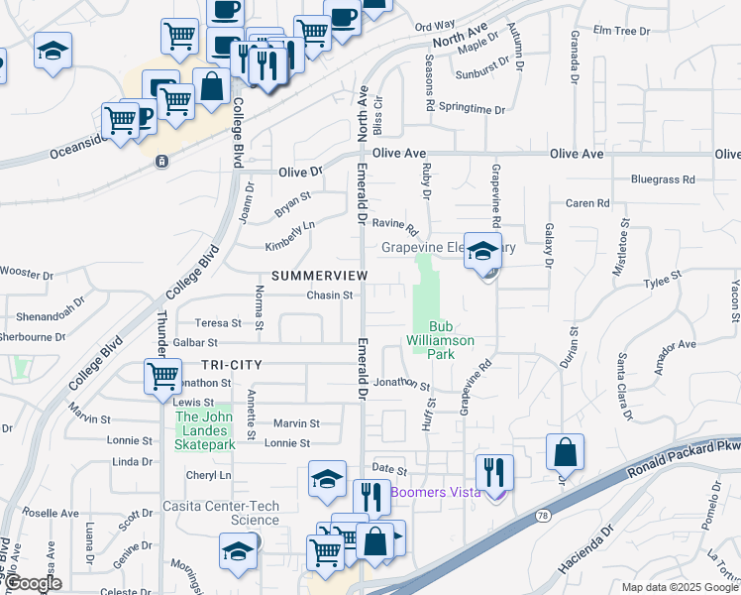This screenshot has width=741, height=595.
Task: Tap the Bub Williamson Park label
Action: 440,340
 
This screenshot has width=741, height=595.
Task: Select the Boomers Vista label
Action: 435,492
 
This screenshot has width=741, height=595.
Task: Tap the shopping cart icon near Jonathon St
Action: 162,376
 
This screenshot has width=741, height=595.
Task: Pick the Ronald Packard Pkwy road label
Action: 684,454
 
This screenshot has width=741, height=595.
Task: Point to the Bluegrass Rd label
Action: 663,179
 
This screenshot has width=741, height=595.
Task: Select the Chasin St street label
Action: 330,295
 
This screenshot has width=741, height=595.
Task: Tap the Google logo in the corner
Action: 33,584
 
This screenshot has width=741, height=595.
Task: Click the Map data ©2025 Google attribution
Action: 679,587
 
